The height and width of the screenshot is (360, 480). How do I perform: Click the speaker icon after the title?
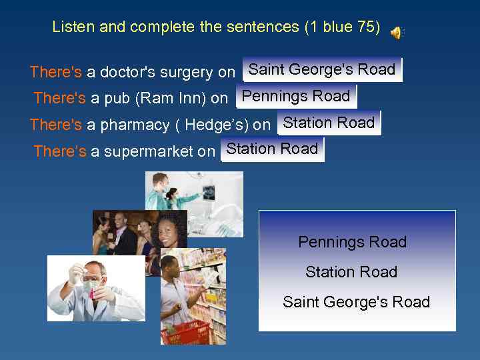coord(397,32)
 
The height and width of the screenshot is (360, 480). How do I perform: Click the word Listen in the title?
coord(73,27)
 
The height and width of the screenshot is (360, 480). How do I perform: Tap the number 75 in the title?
coord(367,27)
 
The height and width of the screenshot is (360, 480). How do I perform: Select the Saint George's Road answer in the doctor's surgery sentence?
coord(322,69)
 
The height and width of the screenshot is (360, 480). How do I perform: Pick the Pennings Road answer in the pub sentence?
coord(296,96)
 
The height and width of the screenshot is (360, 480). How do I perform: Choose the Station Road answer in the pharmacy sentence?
coord(329,123)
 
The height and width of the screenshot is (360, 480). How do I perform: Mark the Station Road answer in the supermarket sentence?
coord(272,149)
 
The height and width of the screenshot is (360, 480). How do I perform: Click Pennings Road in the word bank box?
coord(352,242)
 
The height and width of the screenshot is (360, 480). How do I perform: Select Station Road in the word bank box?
coord(351,272)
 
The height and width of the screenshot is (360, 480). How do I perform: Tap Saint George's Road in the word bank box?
coord(356,302)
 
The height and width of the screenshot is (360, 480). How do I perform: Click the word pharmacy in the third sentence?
coord(135,125)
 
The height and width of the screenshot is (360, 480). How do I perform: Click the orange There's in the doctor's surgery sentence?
coord(56,72)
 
